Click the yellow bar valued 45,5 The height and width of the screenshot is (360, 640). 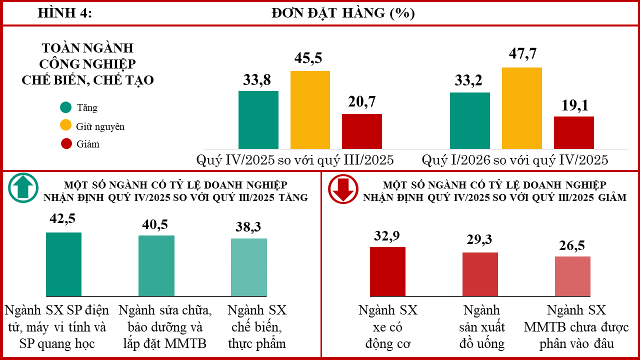(310, 110)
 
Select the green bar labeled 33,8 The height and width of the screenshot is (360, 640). (258, 120)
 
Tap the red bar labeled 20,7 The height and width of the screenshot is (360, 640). (362, 131)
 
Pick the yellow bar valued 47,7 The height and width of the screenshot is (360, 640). (521, 108)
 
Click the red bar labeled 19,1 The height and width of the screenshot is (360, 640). (574, 132)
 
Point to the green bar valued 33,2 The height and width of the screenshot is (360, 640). (470, 121)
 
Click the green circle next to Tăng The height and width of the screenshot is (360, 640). (65, 107)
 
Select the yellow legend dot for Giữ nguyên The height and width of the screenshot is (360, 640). (65, 125)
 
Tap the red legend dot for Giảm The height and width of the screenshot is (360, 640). (66, 143)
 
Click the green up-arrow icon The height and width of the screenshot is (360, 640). (23, 187)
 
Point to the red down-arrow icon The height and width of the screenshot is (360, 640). (343, 189)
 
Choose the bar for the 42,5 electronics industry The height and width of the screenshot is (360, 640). (63, 264)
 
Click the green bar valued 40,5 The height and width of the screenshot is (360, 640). (156, 265)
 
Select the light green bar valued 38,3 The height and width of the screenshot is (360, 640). (249, 267)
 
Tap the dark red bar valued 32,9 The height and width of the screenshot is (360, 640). (387, 271)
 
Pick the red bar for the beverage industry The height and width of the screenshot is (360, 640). (480, 274)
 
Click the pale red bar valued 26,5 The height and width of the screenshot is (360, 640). (572, 276)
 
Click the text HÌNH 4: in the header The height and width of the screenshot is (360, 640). (65, 13)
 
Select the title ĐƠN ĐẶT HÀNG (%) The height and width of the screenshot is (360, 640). (343, 13)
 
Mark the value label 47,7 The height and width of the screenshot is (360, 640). (523, 53)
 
